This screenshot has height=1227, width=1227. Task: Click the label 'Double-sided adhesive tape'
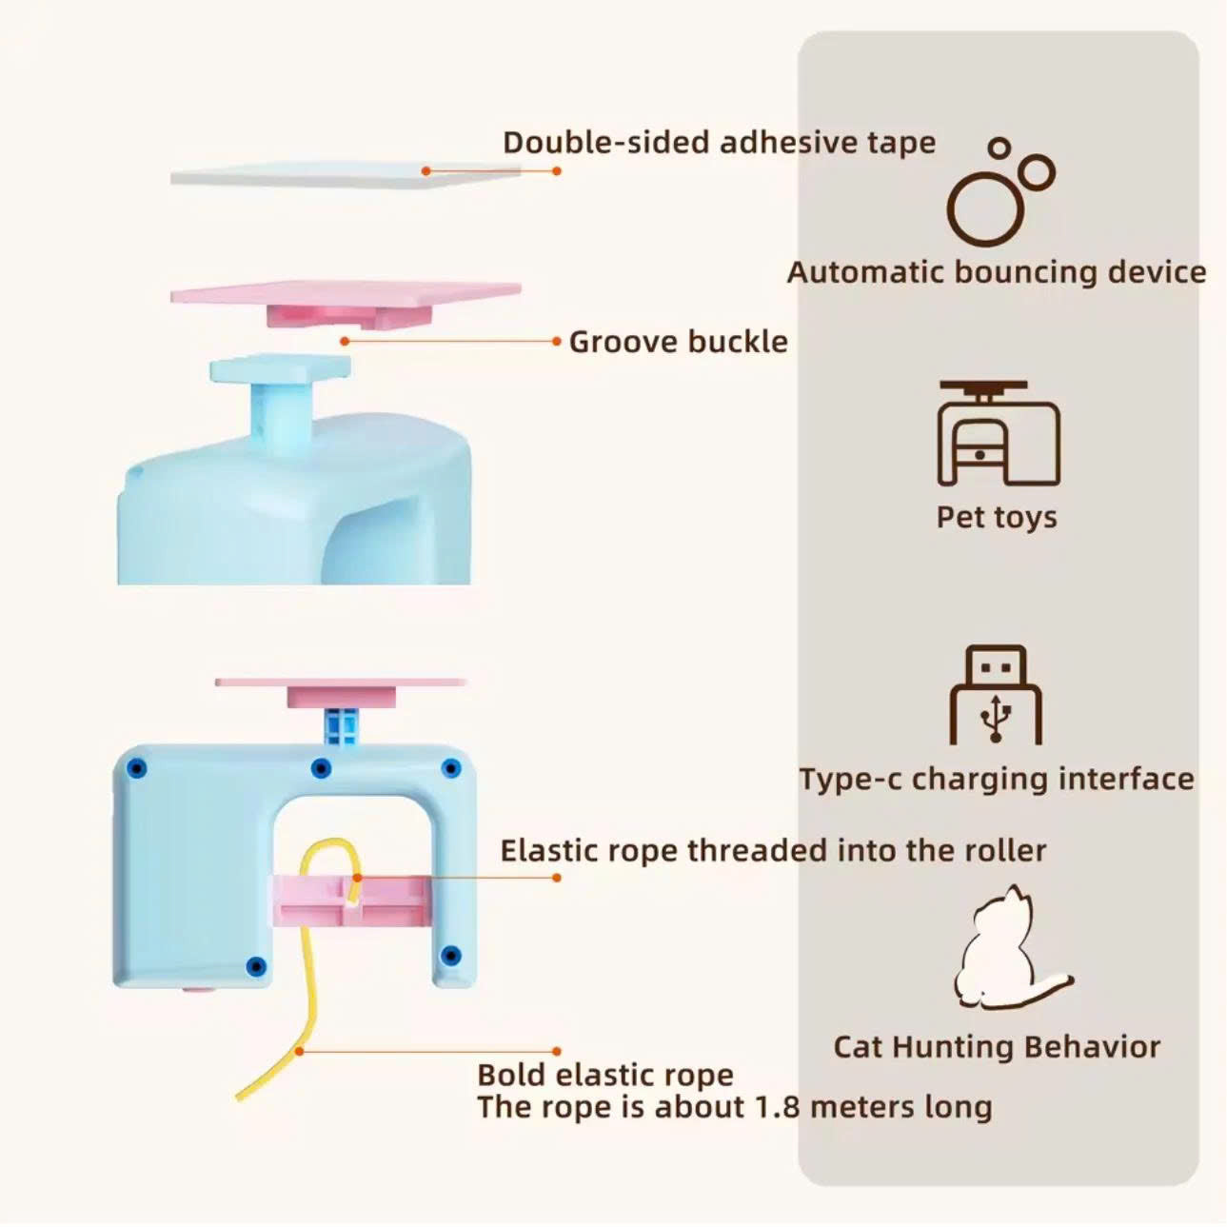tap(719, 143)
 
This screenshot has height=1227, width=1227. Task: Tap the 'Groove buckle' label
tap(678, 342)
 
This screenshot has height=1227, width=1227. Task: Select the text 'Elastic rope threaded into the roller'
tap(773, 851)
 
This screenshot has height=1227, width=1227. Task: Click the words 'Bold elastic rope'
tap(604, 1076)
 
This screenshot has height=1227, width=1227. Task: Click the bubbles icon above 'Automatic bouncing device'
tap(1000, 192)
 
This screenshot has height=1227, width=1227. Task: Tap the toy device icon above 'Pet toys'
tap(999, 433)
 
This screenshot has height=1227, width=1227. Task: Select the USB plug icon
tap(996, 695)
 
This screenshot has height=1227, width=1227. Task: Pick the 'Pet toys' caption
tap(997, 517)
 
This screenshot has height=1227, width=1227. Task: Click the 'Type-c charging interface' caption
tap(997, 780)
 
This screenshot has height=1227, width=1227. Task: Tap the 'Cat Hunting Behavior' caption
tap(997, 1047)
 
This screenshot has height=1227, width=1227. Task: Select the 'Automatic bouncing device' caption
tap(997, 272)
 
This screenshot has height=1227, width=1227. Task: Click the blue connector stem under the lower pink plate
tap(341, 726)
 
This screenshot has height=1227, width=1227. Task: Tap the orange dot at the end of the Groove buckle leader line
tap(345, 342)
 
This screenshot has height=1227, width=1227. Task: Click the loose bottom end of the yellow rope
tap(238, 1098)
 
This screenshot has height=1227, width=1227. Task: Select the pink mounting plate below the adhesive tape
tap(346, 304)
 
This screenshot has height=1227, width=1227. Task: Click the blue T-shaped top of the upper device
tap(280, 367)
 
